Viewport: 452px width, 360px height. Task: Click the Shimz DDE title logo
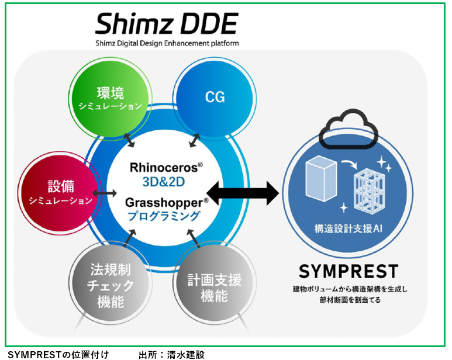tap(167, 23)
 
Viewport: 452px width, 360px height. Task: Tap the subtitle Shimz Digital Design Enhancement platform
tap(167, 43)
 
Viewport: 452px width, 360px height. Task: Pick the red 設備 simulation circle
tap(60, 193)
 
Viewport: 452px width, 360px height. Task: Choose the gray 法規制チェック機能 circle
tap(111, 285)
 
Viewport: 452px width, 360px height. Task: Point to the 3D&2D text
tap(164, 182)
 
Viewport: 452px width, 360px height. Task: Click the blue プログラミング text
tap(164, 216)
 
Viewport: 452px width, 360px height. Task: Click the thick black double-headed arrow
tap(243, 193)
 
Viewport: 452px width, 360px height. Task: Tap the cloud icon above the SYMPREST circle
tap(349, 129)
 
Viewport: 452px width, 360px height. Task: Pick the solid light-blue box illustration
tap(321, 178)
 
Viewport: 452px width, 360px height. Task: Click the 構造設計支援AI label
tap(349, 229)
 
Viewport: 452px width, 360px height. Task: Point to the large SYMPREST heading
tap(349, 271)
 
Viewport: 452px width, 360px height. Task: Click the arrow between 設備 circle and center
tap(104, 193)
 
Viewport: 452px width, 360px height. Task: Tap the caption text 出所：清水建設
tap(171, 355)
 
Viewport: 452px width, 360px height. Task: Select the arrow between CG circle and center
tap(195, 140)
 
